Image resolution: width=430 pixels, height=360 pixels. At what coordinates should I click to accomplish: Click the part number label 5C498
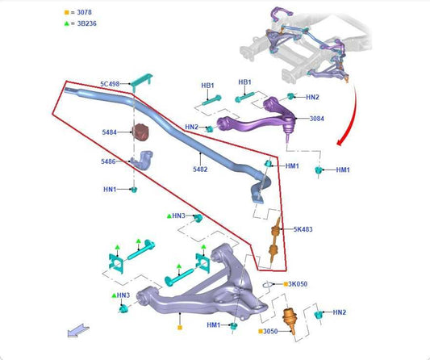110,84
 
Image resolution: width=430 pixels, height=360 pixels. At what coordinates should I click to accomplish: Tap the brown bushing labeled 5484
140,132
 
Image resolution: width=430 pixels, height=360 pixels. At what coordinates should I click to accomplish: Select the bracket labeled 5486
142,160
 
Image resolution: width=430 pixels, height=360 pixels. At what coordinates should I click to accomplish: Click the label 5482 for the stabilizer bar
200,170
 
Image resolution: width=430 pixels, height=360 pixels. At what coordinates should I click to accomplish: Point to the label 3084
317,119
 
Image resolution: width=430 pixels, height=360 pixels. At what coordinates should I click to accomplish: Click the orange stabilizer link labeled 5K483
275,241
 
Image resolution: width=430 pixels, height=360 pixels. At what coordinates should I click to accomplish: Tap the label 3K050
298,284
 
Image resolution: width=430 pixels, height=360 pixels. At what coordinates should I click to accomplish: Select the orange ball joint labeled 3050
289,320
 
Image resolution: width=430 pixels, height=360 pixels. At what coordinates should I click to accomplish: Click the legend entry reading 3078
84,12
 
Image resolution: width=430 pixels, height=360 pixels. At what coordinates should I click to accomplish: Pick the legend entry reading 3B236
86,23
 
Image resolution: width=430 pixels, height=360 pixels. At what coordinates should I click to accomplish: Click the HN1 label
110,190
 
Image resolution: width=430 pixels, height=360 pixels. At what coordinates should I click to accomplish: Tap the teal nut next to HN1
134,190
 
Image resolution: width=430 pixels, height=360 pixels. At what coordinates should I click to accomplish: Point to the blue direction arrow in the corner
78,330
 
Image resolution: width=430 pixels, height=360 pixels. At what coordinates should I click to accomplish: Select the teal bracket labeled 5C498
141,82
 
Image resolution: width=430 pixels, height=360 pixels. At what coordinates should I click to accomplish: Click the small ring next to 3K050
268,285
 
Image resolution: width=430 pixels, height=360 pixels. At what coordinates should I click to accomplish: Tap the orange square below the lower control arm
180,328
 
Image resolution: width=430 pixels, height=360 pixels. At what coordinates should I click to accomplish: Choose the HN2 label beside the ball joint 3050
340,312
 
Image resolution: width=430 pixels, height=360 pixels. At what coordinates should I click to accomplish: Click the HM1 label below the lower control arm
213,325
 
